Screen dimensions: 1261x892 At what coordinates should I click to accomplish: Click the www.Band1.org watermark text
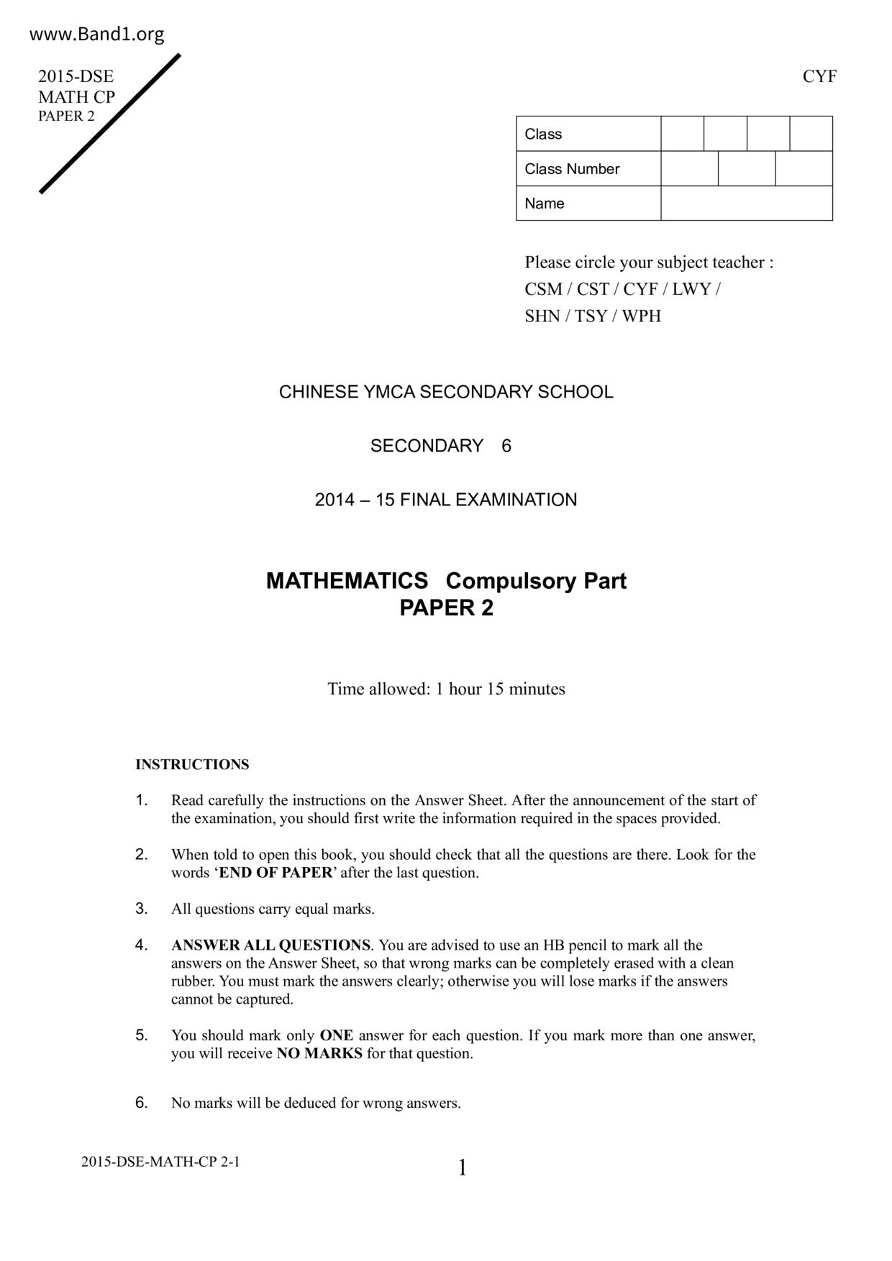pyautogui.click(x=97, y=34)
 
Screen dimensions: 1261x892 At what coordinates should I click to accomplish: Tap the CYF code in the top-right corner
pyautogui.click(x=819, y=76)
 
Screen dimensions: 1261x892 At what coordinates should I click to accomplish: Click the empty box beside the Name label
pyautogui.click(x=746, y=203)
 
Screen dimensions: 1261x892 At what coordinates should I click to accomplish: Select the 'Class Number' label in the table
pyautogui.click(x=572, y=169)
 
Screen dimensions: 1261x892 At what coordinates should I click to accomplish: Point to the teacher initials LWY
pyautogui.click(x=691, y=289)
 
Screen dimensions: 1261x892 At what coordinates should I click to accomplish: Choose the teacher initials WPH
pyautogui.click(x=641, y=316)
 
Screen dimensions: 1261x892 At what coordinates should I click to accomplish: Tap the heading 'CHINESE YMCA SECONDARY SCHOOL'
pyautogui.click(x=446, y=393)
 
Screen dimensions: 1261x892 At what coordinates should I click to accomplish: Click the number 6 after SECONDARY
pyautogui.click(x=506, y=446)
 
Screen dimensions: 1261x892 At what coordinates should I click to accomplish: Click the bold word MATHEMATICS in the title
pyautogui.click(x=347, y=581)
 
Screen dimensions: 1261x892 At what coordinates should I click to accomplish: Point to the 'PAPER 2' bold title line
pyautogui.click(x=446, y=608)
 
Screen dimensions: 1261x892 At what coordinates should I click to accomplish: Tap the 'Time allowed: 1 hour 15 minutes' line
pyautogui.click(x=446, y=689)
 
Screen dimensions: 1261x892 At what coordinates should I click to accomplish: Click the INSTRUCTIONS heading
pyautogui.click(x=192, y=764)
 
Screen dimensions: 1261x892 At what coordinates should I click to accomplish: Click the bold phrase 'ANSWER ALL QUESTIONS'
pyautogui.click(x=270, y=945)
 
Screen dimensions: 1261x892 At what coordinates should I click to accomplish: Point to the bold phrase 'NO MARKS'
pyautogui.click(x=319, y=1054)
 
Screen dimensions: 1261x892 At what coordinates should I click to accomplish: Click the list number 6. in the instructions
pyautogui.click(x=142, y=1102)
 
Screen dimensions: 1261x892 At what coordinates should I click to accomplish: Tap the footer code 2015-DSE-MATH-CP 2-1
pyautogui.click(x=160, y=1161)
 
